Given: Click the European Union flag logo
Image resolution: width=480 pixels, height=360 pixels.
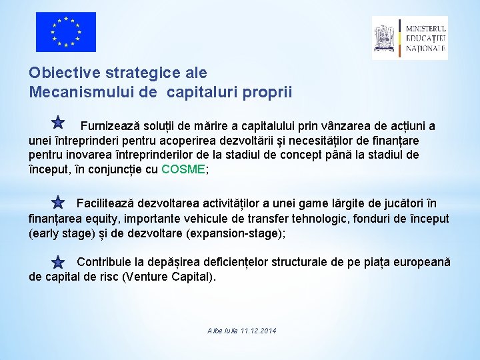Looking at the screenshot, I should [65, 31].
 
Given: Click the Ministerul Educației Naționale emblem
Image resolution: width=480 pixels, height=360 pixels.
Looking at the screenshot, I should [385, 39].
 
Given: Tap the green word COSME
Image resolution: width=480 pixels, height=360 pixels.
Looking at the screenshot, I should [183, 169].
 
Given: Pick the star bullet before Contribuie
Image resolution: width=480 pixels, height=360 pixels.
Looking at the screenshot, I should [58, 261].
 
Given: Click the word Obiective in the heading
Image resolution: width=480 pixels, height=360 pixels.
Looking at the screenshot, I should [59, 73].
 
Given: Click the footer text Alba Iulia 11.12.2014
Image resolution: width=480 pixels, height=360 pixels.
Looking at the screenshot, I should [242, 331].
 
